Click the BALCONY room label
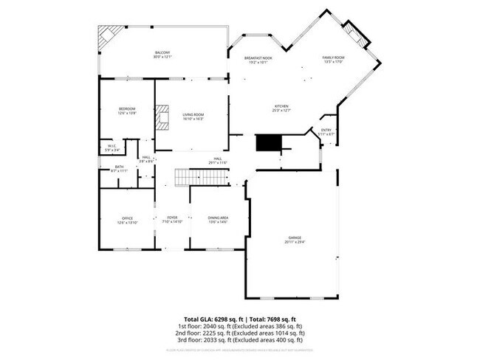162,52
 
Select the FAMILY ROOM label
334,58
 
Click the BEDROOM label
127,109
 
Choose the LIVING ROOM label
193,114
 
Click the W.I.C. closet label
111,146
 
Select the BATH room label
120,167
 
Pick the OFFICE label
127,218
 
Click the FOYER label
172,218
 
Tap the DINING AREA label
218,218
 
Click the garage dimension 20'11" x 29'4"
294,241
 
